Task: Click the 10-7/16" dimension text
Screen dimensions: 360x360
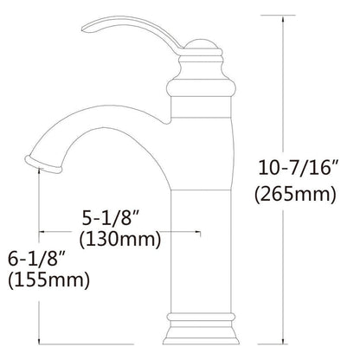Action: click(x=298, y=168)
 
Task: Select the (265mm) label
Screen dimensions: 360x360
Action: click(x=295, y=194)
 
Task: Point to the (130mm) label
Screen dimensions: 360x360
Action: click(x=120, y=240)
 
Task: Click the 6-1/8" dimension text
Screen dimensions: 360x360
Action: click(x=36, y=259)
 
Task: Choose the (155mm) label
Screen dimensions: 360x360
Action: click(x=48, y=280)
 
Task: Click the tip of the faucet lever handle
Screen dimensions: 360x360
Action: click(x=84, y=29)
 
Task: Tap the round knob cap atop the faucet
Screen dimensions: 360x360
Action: click(x=200, y=43)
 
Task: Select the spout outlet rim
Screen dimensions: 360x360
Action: click(x=43, y=164)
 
